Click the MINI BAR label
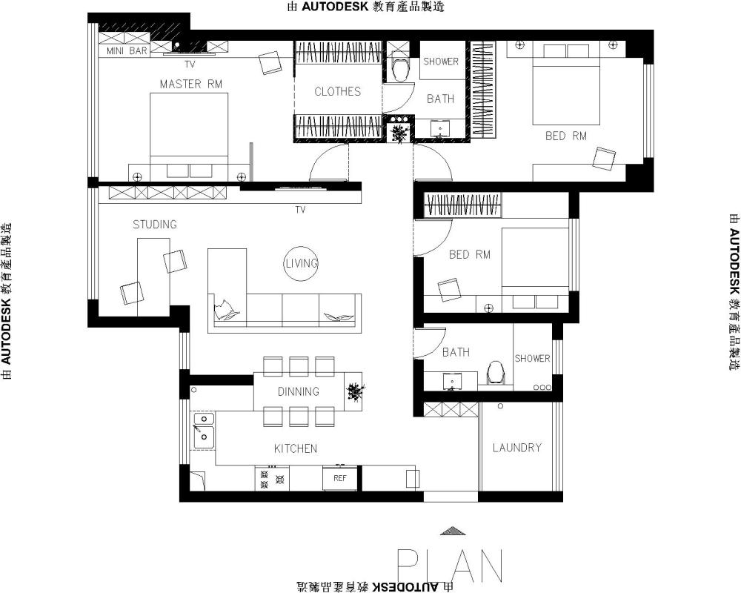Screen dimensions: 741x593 click(x=127, y=51)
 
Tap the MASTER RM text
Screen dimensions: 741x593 click(x=191, y=85)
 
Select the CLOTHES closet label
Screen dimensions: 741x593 click(x=337, y=91)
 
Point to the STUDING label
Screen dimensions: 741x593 click(x=155, y=224)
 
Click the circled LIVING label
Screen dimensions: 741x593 click(x=301, y=263)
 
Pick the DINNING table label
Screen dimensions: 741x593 click(x=298, y=391)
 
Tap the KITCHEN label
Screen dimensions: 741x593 click(x=296, y=448)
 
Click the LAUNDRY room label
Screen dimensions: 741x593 click(x=517, y=448)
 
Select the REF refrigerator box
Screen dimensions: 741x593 click(x=340, y=479)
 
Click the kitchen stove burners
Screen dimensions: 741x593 click(x=272, y=479)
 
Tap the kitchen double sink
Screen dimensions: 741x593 click(x=204, y=431)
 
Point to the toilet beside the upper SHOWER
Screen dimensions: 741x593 click(x=402, y=69)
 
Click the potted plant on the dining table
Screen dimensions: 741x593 click(x=355, y=392)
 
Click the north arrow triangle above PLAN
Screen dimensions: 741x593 click(x=452, y=531)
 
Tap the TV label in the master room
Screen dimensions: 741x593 click(x=190, y=64)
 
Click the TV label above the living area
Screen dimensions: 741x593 click(x=301, y=210)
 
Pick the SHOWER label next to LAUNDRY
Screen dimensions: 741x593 click(x=533, y=359)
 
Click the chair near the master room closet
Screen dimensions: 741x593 click(x=270, y=62)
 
